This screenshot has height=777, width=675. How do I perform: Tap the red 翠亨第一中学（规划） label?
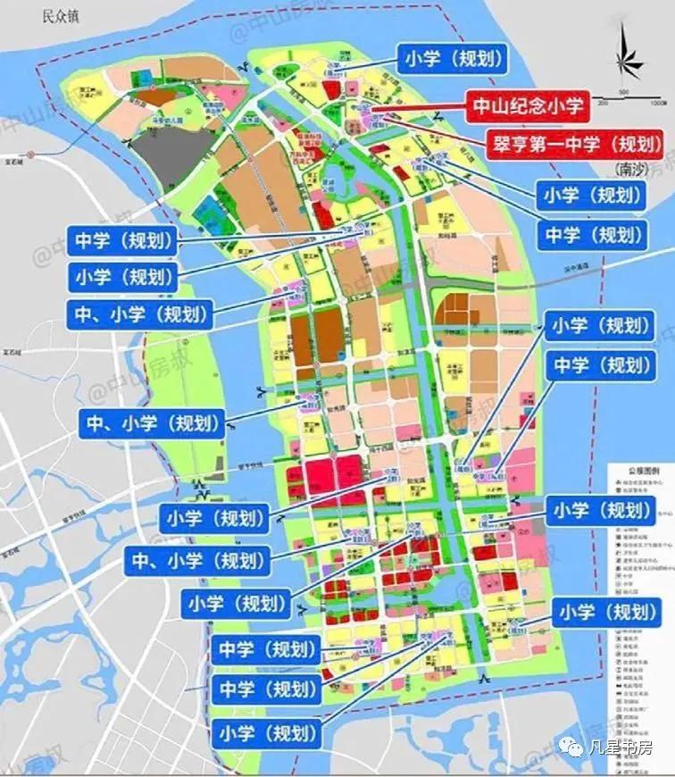573,141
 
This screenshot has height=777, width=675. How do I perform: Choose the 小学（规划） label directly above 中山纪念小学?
452,60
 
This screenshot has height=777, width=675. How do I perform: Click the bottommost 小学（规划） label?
266,734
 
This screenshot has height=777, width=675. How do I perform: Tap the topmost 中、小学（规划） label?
138,313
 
